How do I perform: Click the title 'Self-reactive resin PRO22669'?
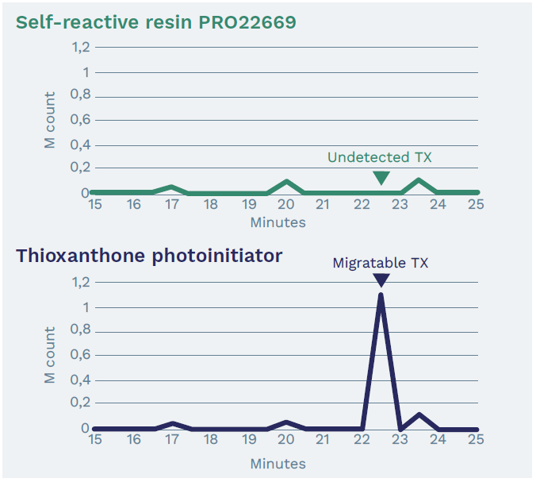coord(156,21)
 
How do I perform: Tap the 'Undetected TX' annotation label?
coord(380,157)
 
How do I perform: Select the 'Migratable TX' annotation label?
coord(381,262)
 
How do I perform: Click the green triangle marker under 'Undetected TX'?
coord(381,177)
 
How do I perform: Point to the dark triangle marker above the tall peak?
coord(381,280)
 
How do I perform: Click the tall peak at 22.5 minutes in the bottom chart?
coord(381,296)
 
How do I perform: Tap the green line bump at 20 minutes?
coord(286,183)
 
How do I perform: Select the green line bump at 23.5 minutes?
coord(419,181)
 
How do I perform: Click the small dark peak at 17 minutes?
coord(172,423)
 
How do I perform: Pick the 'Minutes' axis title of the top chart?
coord(278,222)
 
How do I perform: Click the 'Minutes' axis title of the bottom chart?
coord(278,463)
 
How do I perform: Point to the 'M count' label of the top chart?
coord(50,121)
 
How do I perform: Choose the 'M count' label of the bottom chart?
coord(50,356)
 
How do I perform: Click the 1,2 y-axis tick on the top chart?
coord(81,47)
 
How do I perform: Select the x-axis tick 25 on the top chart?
coord(476,205)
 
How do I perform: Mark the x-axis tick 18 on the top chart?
coord(210,205)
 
